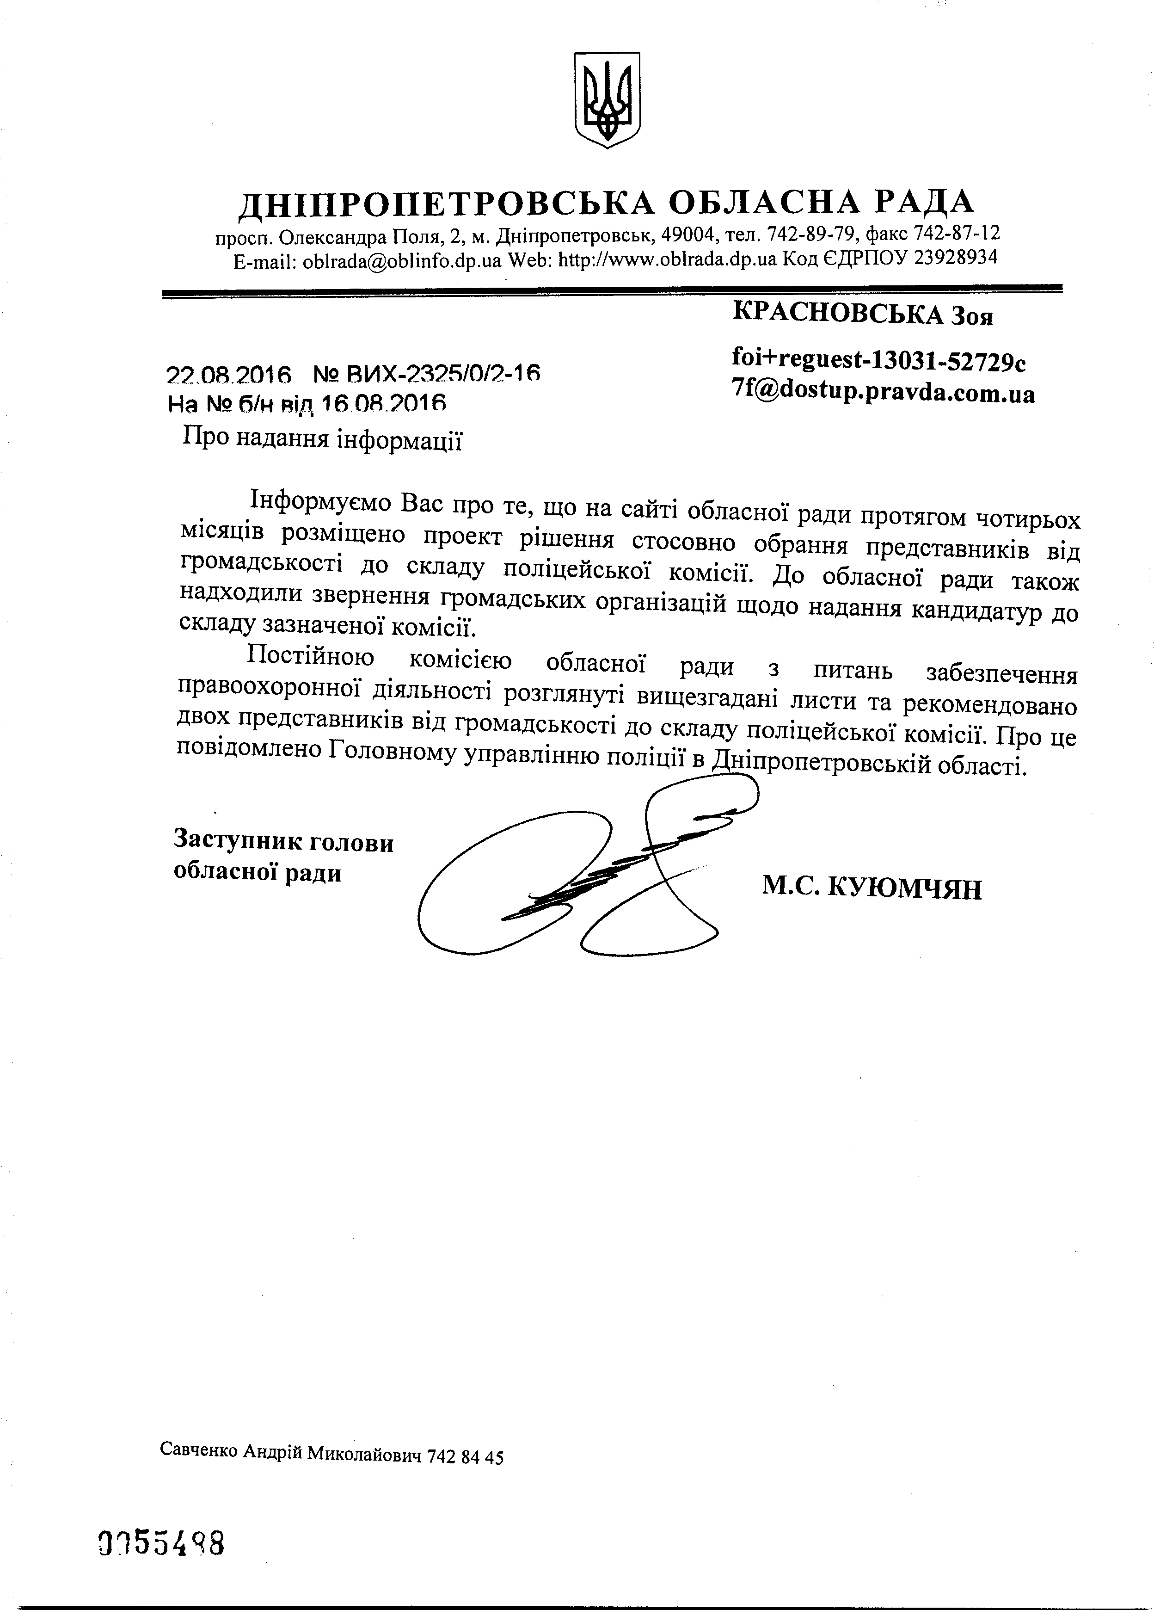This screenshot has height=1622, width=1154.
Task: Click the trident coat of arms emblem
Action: (x=607, y=99)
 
